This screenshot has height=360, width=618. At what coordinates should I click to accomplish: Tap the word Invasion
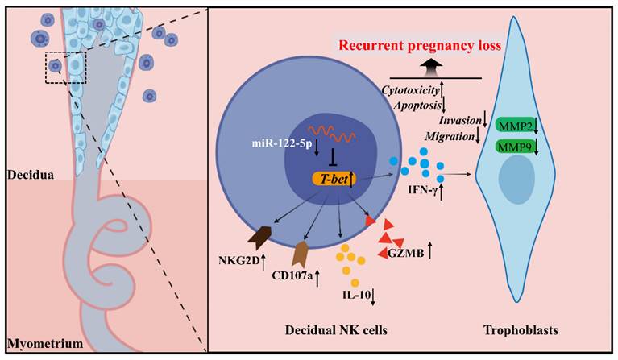457,120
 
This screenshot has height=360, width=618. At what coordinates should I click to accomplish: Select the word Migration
449,138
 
